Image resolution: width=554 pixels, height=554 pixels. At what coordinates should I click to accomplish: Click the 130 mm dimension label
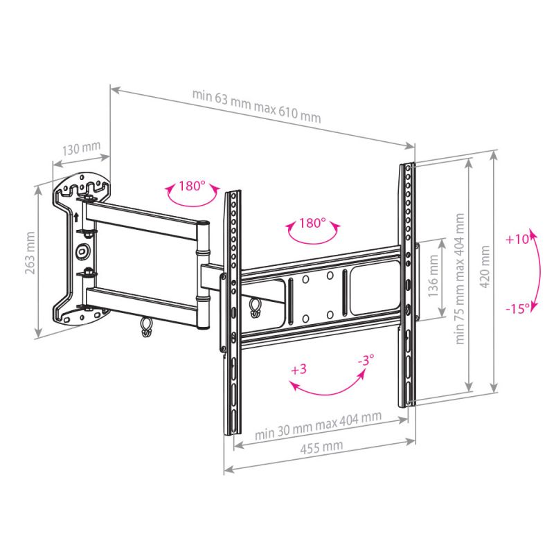82,149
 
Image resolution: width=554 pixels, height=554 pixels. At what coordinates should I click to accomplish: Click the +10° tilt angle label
517,239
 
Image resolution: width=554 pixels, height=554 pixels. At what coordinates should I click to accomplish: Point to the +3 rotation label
298,369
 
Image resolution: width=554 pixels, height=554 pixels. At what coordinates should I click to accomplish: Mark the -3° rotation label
366,360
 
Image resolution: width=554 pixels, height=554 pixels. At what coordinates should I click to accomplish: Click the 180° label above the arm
192,186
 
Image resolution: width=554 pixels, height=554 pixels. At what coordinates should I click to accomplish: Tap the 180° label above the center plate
312,223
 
